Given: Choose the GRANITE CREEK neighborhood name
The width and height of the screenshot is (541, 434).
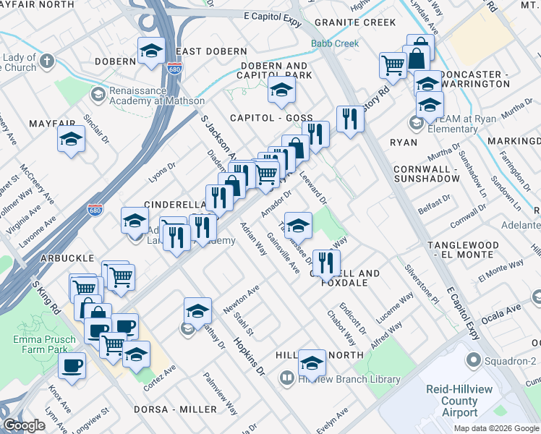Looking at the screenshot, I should point(355,22).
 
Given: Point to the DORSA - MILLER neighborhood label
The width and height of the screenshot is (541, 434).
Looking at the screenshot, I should point(170,409).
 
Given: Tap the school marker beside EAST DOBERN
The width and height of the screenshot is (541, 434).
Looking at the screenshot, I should point(151,51).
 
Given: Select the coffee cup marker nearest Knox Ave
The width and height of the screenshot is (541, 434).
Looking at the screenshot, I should point(72,365).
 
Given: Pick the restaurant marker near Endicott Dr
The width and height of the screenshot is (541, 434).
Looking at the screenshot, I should point(326,262).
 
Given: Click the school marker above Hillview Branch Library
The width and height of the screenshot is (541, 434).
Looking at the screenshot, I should point(312,362).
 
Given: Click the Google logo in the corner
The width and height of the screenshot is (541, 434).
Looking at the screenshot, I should point(24,426).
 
